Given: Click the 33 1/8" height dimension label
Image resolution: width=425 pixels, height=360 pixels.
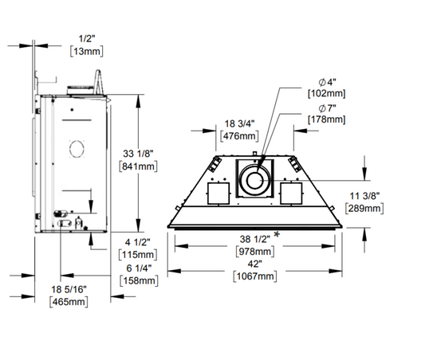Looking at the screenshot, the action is click(138, 154).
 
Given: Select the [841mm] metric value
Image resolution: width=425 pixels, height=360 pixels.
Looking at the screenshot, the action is click(138, 166).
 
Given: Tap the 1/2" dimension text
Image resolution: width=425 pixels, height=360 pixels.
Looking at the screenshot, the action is click(87, 39).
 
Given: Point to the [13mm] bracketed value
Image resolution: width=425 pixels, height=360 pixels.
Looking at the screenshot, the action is click(87, 51).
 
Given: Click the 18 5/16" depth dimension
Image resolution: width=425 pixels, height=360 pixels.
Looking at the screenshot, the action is click(69, 289).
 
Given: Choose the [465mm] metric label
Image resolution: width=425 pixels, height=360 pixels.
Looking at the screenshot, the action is click(69, 302).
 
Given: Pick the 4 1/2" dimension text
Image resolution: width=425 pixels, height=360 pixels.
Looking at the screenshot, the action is click(138, 242).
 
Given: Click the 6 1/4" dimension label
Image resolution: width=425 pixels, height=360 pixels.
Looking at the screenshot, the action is click(139, 268).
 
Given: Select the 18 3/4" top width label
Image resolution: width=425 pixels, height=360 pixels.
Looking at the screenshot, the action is click(239, 123).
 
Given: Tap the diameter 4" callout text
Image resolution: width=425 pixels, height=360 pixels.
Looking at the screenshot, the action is click(328, 82).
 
